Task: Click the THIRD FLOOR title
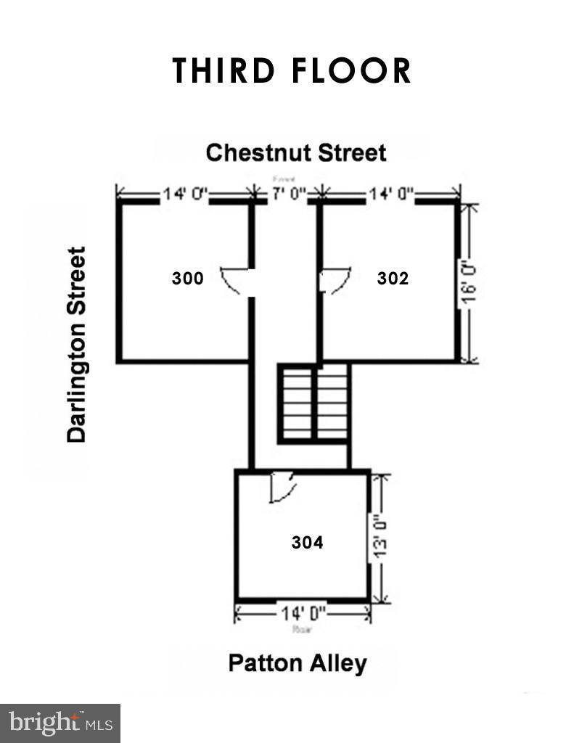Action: tap(292, 71)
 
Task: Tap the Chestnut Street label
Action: tap(295, 153)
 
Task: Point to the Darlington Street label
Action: tap(76, 345)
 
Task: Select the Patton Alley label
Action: tap(298, 663)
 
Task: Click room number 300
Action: tap(187, 278)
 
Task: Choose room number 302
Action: tap(393, 278)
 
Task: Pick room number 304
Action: tap(307, 542)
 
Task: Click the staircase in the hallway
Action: tap(314, 403)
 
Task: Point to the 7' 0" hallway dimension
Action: tap(288, 194)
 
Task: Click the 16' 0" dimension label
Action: tap(471, 283)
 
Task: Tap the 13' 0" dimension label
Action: tap(383, 538)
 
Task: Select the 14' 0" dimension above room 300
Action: tap(185, 194)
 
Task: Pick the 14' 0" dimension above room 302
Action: tap(391, 194)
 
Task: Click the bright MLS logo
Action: tap(60, 723)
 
